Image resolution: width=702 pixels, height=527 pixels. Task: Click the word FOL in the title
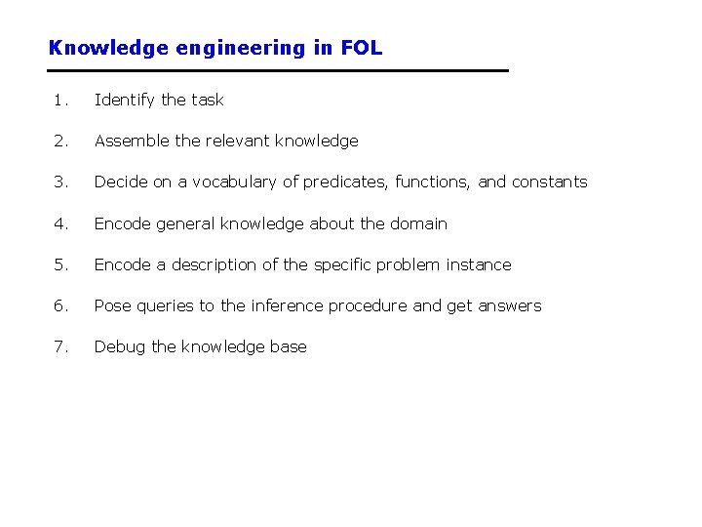click(362, 47)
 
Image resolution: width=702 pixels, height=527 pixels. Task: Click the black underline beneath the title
click(279, 70)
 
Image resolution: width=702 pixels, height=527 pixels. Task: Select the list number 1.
click(60, 100)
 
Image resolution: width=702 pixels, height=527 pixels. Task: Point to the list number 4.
click(60, 223)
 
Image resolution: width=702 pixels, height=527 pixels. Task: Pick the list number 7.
click(60, 346)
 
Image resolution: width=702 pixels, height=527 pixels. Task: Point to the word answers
click(509, 305)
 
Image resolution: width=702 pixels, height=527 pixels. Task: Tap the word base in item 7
click(288, 346)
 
